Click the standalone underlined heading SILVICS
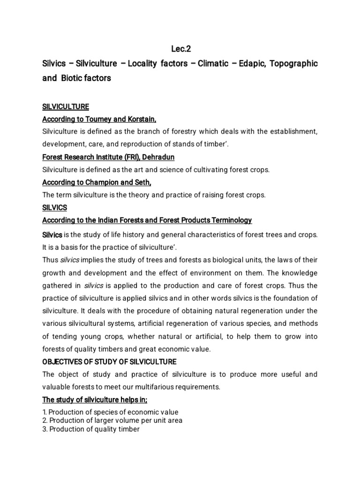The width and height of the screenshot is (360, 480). (55, 207)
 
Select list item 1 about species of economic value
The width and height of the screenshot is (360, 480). (110, 412)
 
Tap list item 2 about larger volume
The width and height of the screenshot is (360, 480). (112, 420)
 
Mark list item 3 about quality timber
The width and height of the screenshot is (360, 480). (91, 429)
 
